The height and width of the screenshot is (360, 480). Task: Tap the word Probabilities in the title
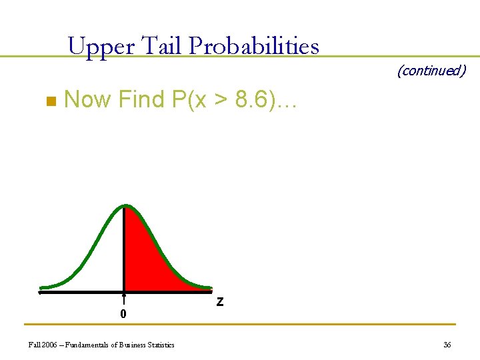point(254,47)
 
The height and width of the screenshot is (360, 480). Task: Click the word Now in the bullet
point(88,99)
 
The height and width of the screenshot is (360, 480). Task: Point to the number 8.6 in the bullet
point(253,99)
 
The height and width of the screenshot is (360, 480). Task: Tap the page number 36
point(447,345)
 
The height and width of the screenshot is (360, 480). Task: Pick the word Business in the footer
point(127,345)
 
